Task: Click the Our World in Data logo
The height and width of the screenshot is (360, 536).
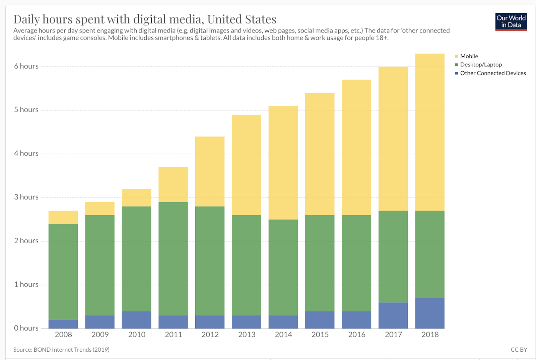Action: pos(511,22)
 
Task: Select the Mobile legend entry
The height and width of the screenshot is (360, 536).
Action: pos(469,56)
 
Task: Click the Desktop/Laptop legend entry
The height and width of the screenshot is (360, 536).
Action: pos(480,65)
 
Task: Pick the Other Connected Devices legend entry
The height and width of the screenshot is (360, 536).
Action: pos(492,73)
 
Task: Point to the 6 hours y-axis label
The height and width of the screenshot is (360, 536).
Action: pos(26,66)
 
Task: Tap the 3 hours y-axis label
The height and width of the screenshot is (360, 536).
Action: pos(26,197)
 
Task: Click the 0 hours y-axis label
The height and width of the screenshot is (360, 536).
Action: pos(26,328)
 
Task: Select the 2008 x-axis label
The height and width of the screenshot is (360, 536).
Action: pos(63,335)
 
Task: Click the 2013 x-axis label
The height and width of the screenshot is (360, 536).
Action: pos(247,335)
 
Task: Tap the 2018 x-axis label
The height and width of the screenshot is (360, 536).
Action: pos(430,335)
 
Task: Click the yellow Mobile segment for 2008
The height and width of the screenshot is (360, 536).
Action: pos(63,217)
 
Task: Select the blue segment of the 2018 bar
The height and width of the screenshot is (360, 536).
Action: pos(430,313)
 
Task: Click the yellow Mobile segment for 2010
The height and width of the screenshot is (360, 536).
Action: pos(137,198)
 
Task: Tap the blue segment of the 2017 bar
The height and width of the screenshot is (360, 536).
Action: pos(393,315)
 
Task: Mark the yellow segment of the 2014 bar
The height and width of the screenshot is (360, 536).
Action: pos(283,163)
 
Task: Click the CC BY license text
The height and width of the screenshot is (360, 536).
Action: pos(519,350)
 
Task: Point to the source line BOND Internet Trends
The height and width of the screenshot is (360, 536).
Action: pos(61,350)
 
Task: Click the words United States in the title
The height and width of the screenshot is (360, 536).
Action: pos(242,19)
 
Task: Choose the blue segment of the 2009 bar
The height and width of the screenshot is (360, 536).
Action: pos(100,322)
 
